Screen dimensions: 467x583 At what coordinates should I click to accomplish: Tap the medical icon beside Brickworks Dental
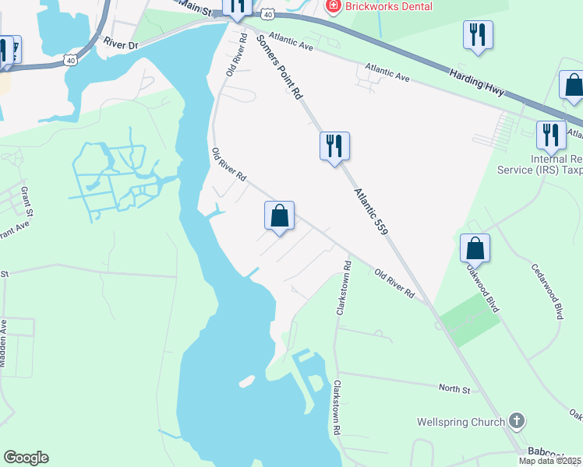[333, 6]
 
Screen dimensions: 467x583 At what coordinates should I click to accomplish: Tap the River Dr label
[122, 46]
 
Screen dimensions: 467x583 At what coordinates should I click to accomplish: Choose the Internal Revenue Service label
[556, 163]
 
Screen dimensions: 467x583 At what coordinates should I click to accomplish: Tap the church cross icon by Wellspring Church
[515, 421]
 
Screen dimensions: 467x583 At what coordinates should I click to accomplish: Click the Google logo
[26, 458]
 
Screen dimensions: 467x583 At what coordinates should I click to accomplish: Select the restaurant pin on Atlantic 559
[334, 146]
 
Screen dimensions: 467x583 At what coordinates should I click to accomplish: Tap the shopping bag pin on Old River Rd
[280, 216]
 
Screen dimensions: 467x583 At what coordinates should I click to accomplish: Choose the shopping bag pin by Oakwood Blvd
[475, 248]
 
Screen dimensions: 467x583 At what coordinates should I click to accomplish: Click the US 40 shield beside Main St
[267, 14]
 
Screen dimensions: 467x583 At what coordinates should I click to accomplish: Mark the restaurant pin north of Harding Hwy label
[476, 35]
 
